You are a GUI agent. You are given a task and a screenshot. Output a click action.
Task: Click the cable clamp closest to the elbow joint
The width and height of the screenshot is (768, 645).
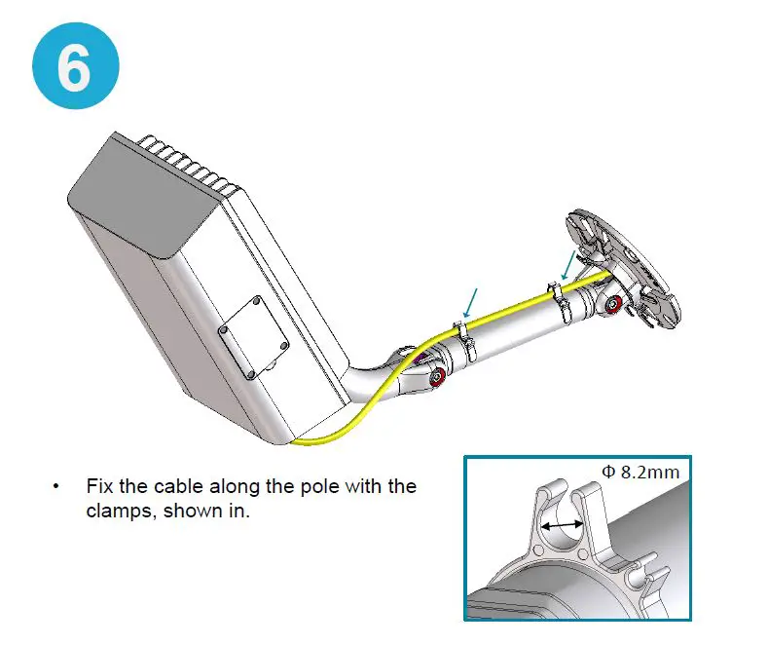pyautogui.click(x=462, y=340)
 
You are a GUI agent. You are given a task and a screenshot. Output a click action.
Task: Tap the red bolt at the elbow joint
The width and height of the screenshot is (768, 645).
pyautogui.click(x=438, y=376)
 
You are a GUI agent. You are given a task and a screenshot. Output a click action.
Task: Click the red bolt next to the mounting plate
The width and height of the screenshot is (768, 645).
pyautogui.click(x=613, y=308)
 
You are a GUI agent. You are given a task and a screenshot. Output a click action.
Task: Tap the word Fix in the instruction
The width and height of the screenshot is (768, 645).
pyautogui.click(x=99, y=485)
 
